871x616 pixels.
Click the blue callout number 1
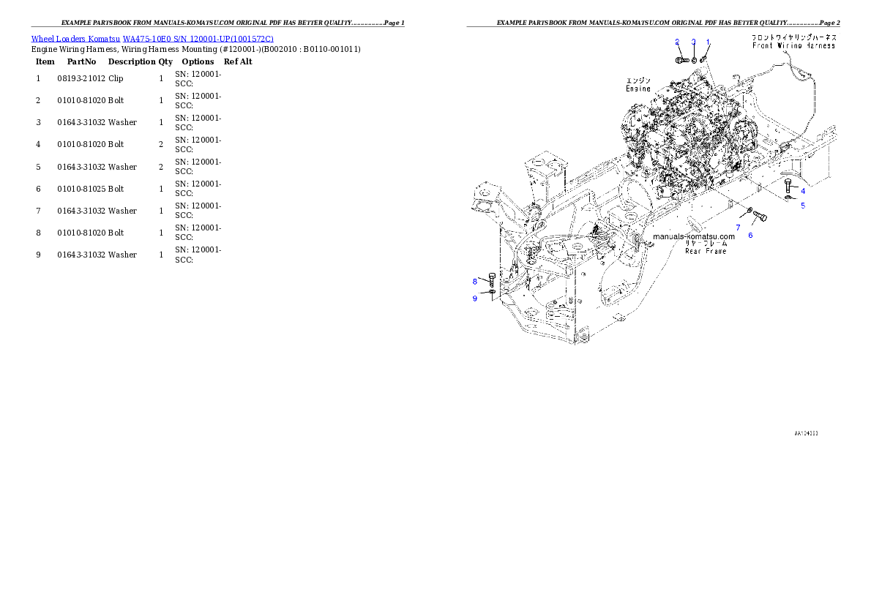click(708, 42)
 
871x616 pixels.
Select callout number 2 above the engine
click(677, 42)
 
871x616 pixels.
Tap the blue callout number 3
click(693, 42)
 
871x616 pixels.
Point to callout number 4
click(803, 191)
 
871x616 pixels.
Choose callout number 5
click(803, 206)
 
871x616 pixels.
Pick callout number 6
click(750, 236)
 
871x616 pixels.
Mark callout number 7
click(738, 228)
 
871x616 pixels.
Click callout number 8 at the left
click(474, 282)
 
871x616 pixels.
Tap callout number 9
click(474, 298)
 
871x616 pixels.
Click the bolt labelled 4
click(788, 184)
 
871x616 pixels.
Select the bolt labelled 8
click(492, 278)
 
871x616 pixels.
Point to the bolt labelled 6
click(759, 217)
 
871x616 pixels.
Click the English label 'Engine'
click(638, 89)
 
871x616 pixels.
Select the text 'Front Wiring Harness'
click(794, 45)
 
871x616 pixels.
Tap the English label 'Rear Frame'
click(706, 251)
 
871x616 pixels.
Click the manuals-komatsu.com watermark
click(693, 237)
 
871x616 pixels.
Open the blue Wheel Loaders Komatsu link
click(152, 39)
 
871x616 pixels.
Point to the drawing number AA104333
click(806, 433)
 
